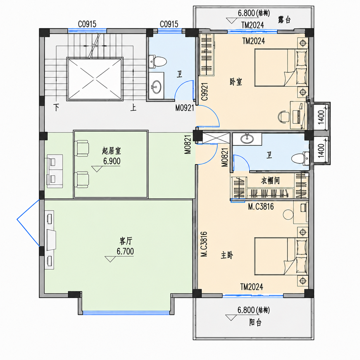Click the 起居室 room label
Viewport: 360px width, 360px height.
point(111,151)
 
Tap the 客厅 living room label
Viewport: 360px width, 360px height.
point(126,241)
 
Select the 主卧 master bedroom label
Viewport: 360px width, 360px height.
point(227,255)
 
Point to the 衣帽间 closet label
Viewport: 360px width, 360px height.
point(270,181)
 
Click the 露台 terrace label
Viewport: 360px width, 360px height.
point(284,20)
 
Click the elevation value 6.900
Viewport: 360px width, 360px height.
point(112,161)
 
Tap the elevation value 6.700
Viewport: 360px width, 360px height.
point(125,251)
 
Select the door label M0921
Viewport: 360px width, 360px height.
point(185,108)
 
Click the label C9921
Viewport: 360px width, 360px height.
point(205,92)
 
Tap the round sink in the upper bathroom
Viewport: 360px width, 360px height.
point(156,87)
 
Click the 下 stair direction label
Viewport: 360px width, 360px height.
point(56,107)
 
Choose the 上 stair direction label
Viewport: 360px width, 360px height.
point(133,107)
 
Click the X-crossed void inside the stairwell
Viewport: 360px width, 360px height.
point(95,79)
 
